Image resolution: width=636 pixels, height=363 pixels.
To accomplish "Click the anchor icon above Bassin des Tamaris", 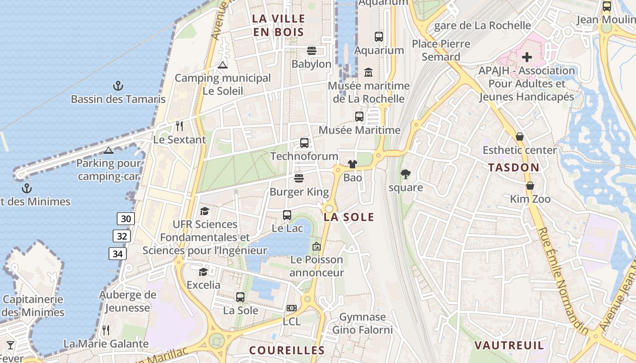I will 118,85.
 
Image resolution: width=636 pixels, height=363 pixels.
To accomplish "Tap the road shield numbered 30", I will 126,219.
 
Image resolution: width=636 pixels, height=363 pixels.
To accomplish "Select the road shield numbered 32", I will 122,236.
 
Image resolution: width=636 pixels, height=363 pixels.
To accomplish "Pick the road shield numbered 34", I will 118,254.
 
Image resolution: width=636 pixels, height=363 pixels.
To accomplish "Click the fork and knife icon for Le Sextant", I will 179,126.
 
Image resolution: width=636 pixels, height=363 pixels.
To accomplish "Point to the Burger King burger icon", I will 298,178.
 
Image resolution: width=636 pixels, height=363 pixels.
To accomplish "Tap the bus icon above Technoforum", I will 304,143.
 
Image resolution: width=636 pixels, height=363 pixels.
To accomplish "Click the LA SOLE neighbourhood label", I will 349,217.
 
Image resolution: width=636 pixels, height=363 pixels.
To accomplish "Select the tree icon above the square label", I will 406,174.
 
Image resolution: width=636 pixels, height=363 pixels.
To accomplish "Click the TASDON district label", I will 514,167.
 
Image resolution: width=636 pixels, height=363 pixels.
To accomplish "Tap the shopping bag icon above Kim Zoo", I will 530,186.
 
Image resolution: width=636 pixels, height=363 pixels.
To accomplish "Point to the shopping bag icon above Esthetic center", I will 520,137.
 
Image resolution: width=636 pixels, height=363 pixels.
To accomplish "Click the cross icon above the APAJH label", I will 527,57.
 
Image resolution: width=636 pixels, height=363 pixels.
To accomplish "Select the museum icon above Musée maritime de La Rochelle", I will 368,72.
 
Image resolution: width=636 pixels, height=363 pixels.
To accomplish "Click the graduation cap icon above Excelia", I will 203,272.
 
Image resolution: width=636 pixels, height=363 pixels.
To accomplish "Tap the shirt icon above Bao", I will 353,164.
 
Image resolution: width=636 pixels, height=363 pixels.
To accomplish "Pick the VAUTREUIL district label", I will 509,345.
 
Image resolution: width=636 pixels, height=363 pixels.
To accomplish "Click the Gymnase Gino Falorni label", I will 363,323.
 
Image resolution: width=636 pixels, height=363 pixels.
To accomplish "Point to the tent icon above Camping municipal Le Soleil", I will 222,65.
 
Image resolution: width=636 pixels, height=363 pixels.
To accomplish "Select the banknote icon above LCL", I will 292,308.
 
